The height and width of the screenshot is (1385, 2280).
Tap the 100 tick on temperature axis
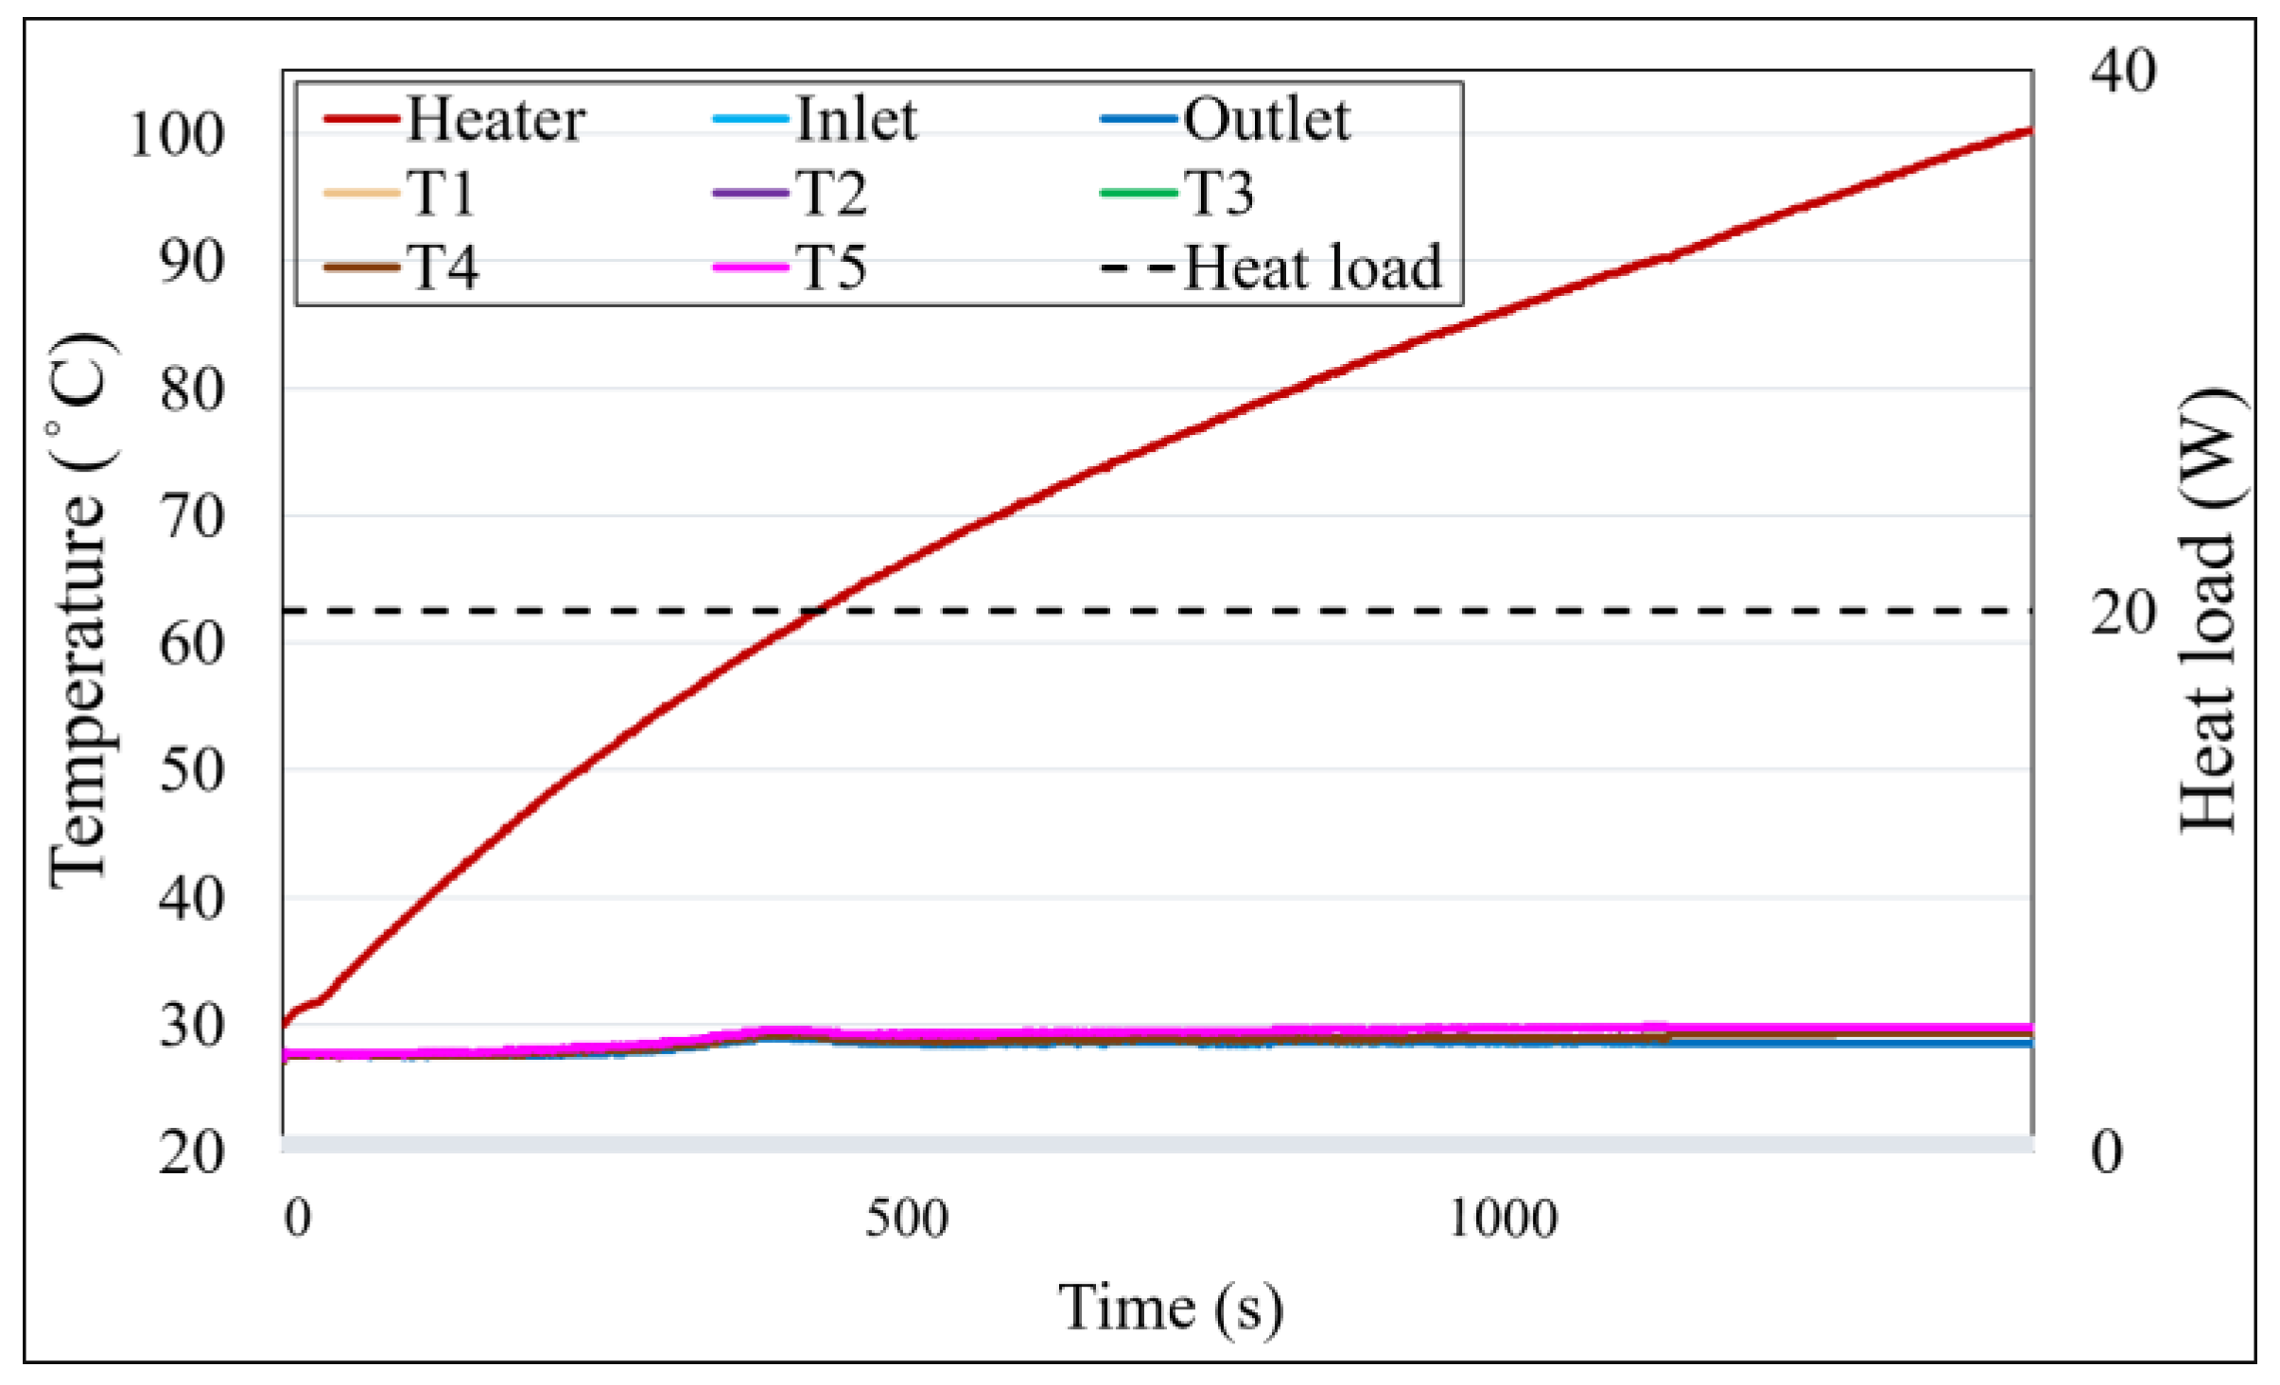[x=177, y=134]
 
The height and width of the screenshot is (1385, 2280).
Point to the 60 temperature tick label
[x=192, y=645]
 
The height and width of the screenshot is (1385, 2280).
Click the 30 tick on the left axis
[x=192, y=1027]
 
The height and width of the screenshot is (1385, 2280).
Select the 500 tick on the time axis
[x=906, y=1219]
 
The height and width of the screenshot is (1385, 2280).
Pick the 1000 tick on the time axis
[x=1502, y=1219]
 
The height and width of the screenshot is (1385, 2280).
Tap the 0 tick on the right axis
[x=2107, y=1152]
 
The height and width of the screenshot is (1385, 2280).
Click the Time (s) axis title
[x=1170, y=1308]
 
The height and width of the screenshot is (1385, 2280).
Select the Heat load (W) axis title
[x=2208, y=611]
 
